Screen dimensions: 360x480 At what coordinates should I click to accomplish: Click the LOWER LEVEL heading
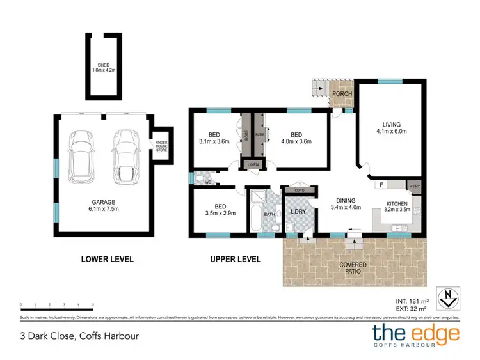click(x=107, y=259)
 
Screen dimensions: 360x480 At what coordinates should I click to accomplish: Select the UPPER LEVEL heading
click(x=235, y=259)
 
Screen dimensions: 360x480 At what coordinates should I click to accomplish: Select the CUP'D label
click(x=299, y=191)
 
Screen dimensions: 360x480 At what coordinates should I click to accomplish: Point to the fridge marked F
click(x=382, y=185)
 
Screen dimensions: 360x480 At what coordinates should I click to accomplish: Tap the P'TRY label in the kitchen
click(x=415, y=187)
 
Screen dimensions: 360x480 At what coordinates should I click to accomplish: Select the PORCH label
click(x=343, y=94)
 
